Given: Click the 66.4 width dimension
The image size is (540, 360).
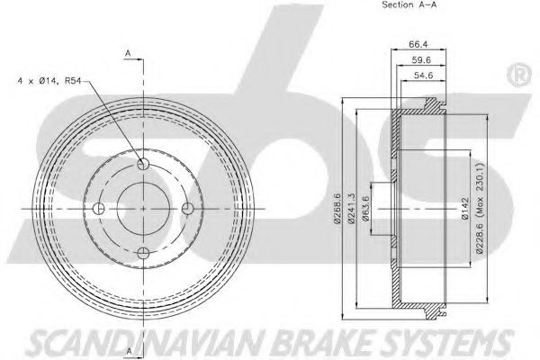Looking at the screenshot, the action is coord(418,44).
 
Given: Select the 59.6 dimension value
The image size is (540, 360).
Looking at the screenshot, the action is coord(421,60).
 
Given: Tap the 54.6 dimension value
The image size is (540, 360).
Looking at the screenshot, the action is coord(423,75).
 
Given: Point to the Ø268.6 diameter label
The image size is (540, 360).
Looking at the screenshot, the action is coord(337,209).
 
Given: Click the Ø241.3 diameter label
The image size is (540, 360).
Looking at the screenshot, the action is coord(351,209).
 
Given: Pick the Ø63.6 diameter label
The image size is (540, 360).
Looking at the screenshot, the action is coord(365,209).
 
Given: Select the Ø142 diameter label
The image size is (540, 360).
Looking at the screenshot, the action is coord(465,209).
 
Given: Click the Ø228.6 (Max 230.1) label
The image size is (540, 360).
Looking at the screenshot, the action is coord(480,209).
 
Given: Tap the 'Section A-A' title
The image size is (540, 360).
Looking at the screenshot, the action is coord(409,4).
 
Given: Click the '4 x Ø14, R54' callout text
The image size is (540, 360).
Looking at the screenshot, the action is coord(49,81).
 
